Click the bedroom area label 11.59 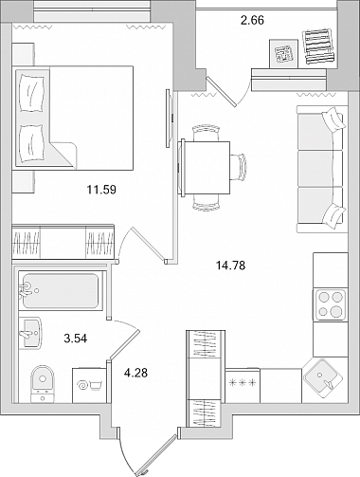coord(101,190)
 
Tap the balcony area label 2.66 coord(252,21)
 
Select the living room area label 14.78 coord(230,266)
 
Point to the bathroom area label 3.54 coord(76,339)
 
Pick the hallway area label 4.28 coord(135,373)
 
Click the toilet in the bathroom coord(43,384)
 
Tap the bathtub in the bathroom coord(61,290)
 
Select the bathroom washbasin coord(30,333)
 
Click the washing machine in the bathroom coord(89,385)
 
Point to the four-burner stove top coord(330,304)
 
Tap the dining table coord(206,167)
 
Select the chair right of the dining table coord(238,167)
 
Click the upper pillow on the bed coord(31,93)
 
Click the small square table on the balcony coord(283,53)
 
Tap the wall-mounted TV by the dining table coord(170,119)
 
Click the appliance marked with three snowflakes coord(243,385)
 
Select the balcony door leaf coord(221,91)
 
